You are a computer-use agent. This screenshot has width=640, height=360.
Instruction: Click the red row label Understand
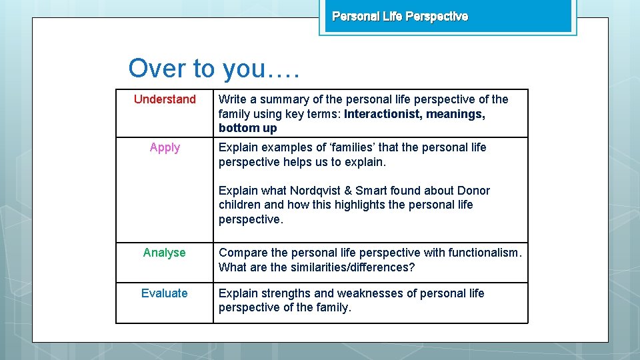coord(165,99)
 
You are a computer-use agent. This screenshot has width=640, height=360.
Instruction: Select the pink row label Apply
coord(165,147)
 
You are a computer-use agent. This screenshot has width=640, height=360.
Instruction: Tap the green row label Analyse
coord(164,253)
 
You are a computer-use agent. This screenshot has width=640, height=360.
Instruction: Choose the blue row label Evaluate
coord(164,293)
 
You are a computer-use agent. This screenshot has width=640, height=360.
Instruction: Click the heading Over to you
coord(214,68)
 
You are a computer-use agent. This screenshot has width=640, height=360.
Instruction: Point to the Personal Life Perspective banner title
coord(400,16)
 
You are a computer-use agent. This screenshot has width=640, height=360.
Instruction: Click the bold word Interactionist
coord(382,114)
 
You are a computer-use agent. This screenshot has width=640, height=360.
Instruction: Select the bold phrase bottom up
coord(247,128)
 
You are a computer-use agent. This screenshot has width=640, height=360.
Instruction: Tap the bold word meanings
coord(455,114)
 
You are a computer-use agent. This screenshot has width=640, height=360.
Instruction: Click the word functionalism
coord(487,253)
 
